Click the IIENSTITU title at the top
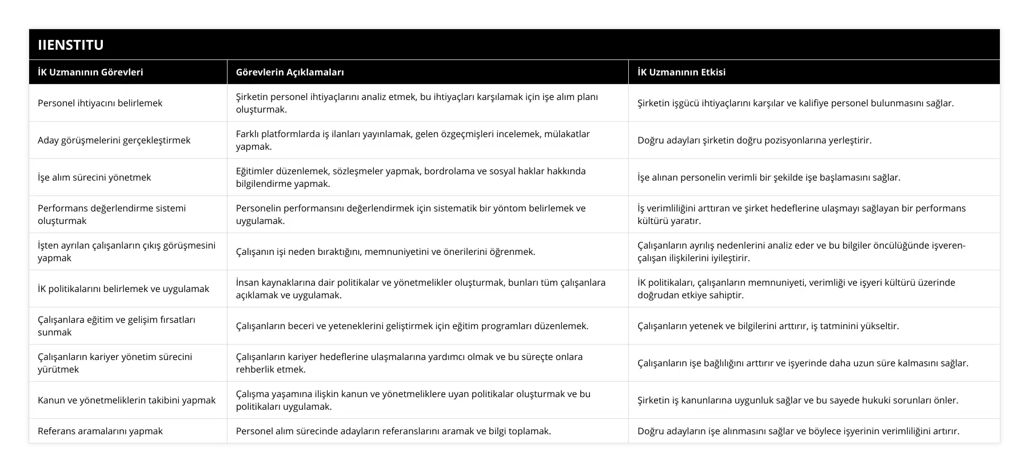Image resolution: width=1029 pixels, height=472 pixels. click(x=71, y=45)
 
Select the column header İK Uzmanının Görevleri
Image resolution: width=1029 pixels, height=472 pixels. click(x=90, y=72)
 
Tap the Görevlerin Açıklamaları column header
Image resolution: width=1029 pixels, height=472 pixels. click(x=290, y=72)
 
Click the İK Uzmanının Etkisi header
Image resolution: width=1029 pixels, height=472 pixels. click(x=681, y=72)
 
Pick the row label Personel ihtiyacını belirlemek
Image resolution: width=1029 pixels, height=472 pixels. click(x=100, y=103)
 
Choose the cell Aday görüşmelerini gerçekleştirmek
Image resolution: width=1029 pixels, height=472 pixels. click(x=114, y=140)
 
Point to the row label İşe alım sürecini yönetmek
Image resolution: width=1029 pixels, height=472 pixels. click(x=94, y=177)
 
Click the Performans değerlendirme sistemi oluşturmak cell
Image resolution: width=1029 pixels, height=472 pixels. click(x=112, y=214)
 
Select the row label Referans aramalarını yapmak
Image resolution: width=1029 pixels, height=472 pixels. click(x=100, y=431)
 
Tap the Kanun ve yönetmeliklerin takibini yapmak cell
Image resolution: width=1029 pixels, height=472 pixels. click(x=126, y=400)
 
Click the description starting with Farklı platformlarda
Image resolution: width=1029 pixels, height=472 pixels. click(x=413, y=140)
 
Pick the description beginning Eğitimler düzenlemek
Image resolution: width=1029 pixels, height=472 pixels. click(x=410, y=177)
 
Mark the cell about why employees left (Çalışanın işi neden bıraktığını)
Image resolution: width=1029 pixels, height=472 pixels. click(x=385, y=251)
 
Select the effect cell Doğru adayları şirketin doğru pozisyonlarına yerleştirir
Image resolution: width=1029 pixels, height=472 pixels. click(x=755, y=140)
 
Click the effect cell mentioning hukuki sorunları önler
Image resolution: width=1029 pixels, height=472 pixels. click(x=797, y=400)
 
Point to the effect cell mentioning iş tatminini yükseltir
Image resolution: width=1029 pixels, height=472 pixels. click(x=768, y=326)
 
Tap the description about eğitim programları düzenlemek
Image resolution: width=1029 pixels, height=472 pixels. click(x=412, y=326)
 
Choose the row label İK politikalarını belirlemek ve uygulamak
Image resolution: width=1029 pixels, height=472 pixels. click(x=123, y=289)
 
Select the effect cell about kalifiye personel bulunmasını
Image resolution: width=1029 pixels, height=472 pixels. click(x=795, y=103)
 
